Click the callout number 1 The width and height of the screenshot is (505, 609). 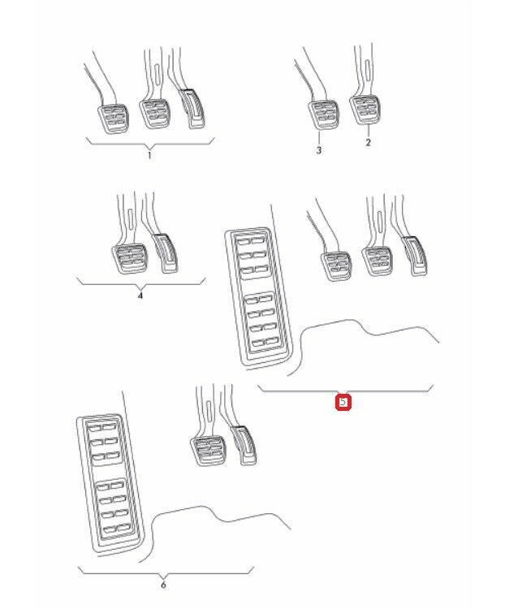click(x=149, y=156)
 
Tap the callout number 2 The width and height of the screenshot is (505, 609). click(x=368, y=143)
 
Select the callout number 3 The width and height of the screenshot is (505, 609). click(x=319, y=150)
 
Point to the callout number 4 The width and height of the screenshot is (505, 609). click(x=140, y=296)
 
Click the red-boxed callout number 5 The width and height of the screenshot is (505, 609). click(x=343, y=403)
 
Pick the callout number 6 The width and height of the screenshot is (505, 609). click(x=163, y=585)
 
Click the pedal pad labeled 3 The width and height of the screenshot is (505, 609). click(x=323, y=114)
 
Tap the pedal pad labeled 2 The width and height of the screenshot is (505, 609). click(x=365, y=110)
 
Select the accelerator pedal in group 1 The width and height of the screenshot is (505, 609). click(x=192, y=109)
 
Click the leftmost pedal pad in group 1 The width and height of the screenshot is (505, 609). click(x=113, y=119)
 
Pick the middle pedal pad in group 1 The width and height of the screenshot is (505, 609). click(x=154, y=114)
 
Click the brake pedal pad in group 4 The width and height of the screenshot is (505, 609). click(x=129, y=259)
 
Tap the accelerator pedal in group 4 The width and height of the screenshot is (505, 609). click(x=166, y=253)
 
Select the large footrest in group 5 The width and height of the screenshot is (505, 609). click(x=258, y=297)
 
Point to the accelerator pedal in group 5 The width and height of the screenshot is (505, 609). click(x=415, y=256)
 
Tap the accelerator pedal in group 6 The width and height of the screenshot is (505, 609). click(x=244, y=446)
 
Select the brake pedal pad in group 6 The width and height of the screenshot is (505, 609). click(x=208, y=451)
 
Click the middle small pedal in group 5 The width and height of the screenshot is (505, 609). click(x=377, y=261)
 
